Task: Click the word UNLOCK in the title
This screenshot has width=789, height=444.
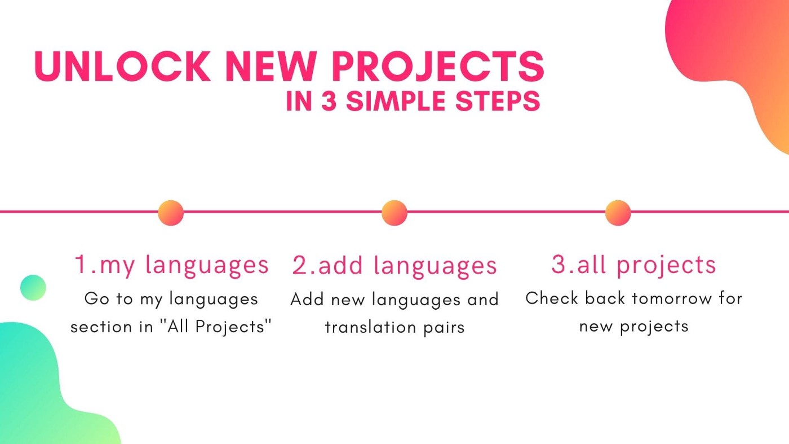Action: [123, 67]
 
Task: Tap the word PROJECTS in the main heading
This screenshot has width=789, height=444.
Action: [438, 67]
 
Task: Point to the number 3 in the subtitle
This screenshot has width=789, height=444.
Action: [329, 101]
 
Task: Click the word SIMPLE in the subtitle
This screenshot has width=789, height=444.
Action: [397, 101]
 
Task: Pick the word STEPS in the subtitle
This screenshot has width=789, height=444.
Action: [498, 101]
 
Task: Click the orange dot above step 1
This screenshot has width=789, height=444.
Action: [171, 213]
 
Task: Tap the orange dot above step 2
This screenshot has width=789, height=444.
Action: [394, 213]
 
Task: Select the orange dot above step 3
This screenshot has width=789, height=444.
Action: [618, 213]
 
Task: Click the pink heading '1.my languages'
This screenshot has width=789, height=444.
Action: [172, 266]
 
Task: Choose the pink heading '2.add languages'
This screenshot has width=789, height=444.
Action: [395, 266]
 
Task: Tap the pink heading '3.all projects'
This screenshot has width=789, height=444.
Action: [634, 265]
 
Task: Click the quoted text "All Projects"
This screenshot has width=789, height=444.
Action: [216, 326]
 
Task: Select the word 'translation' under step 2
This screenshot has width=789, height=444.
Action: [370, 327]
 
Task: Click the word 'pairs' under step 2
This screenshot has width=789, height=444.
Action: [444, 328]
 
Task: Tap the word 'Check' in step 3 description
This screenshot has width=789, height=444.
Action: [552, 298]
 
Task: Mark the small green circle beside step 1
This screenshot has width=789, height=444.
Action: [33, 288]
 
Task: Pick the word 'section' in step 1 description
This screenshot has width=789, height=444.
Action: [101, 327]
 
